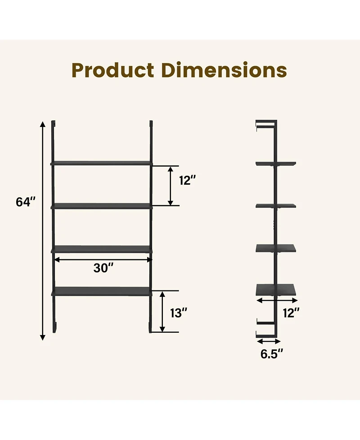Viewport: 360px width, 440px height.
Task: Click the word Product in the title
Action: click(x=113, y=70)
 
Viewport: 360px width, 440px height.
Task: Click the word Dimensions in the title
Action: click(x=224, y=70)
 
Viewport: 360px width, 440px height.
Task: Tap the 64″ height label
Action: click(x=26, y=202)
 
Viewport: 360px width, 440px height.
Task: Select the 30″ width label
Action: click(x=103, y=268)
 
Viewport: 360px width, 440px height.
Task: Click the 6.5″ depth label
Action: click(x=272, y=354)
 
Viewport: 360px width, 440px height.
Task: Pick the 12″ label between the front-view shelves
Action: click(x=187, y=181)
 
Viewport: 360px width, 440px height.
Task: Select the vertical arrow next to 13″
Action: click(x=163, y=312)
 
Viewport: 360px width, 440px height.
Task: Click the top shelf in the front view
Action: click(x=102, y=163)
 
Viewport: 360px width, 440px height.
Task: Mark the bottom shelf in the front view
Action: click(x=102, y=291)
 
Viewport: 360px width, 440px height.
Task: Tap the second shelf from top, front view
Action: click(x=102, y=206)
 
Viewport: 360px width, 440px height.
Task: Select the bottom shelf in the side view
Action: click(x=275, y=289)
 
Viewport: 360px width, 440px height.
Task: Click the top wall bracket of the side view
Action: click(x=265, y=123)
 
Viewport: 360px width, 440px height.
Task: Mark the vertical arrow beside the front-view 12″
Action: click(x=171, y=186)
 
